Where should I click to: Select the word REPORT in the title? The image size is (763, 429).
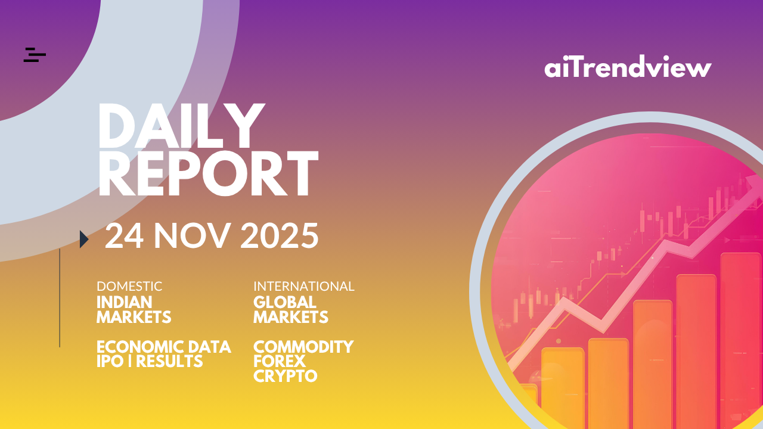(x=209, y=173)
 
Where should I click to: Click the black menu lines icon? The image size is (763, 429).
(x=35, y=55)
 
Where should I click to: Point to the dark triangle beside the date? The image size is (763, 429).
(x=84, y=240)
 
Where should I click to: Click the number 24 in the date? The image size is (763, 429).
(x=124, y=236)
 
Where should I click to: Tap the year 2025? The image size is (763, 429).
(x=280, y=236)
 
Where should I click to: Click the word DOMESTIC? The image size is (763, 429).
(x=129, y=287)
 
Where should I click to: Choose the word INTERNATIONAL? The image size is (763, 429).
(x=304, y=287)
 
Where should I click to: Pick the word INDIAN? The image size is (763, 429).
(x=125, y=302)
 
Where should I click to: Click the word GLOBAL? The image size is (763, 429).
(x=285, y=302)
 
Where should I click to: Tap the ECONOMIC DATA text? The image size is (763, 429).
(x=164, y=347)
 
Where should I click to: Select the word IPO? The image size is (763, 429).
(x=110, y=361)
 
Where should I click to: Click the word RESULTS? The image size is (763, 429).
(x=169, y=361)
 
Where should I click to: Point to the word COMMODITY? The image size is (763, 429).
(x=303, y=347)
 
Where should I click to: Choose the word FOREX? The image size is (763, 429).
(x=280, y=361)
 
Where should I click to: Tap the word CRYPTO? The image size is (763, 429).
(x=286, y=376)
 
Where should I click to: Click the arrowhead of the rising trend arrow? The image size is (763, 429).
(x=755, y=186)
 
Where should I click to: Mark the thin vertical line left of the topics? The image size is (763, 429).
(x=60, y=298)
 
